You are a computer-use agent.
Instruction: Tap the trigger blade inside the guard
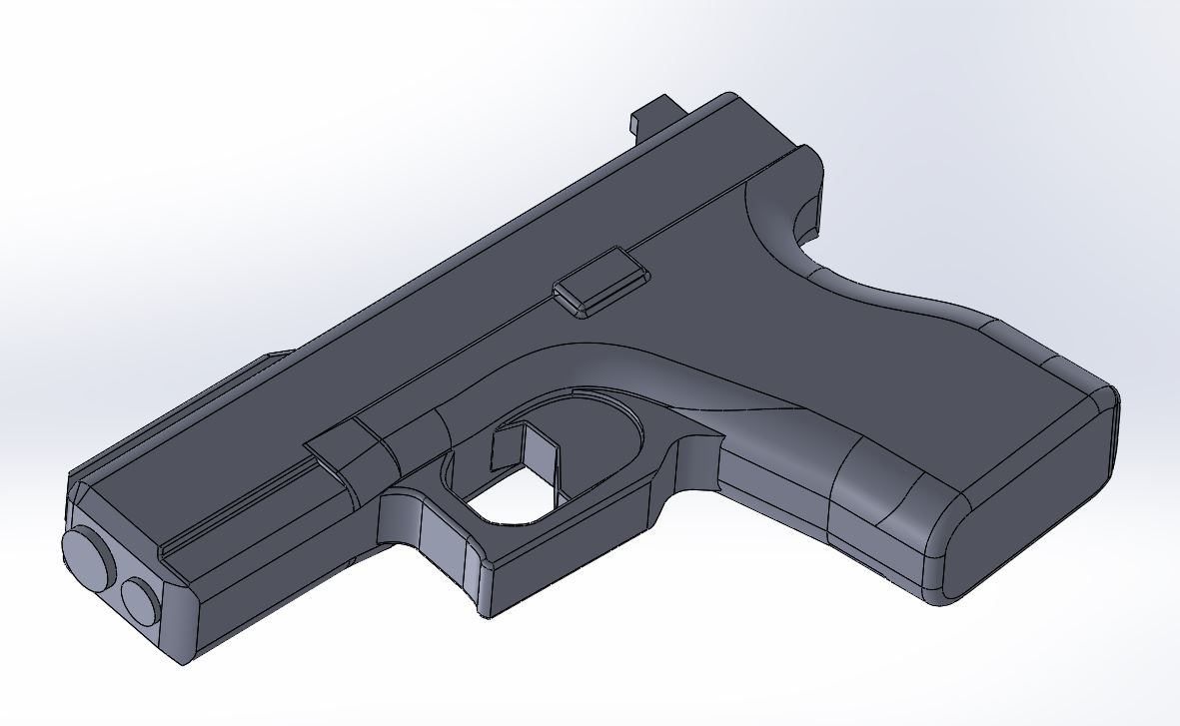(x=521, y=449)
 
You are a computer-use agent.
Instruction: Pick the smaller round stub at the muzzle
(x=140, y=599)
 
